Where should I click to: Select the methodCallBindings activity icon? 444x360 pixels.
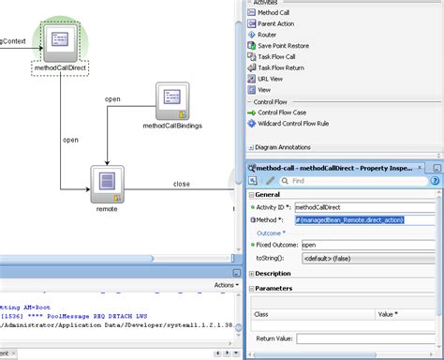173,98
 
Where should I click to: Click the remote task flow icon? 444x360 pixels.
106,182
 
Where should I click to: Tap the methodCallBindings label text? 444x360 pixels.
172,125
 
